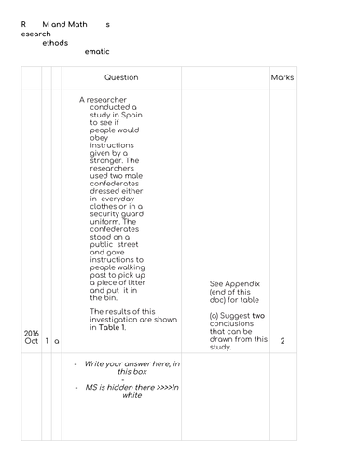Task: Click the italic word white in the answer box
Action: pos(132,394)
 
